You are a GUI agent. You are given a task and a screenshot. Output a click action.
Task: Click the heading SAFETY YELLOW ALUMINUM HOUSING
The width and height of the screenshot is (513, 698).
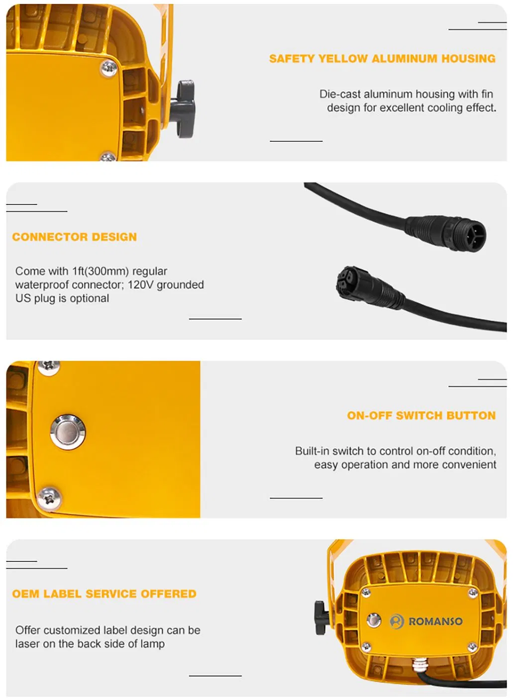click(x=382, y=59)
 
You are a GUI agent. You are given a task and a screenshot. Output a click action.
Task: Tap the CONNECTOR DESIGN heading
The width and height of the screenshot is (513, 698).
click(x=75, y=237)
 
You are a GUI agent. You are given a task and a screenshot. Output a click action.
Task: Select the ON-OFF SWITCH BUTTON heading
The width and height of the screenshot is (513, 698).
click(x=421, y=416)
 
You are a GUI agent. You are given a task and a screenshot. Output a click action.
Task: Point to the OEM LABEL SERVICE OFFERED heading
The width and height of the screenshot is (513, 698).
click(x=104, y=594)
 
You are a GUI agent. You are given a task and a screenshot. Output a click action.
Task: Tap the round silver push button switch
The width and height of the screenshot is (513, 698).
click(x=68, y=432)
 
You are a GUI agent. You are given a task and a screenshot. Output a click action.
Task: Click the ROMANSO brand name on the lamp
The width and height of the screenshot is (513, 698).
click(x=435, y=621)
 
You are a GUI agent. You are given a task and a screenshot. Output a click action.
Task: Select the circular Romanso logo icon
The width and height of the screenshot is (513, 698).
click(x=397, y=621)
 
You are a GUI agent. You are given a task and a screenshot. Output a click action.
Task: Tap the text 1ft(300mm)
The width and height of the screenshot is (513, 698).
click(x=101, y=271)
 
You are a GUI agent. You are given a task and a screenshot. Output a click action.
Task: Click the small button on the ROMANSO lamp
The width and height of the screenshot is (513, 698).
click(x=373, y=619)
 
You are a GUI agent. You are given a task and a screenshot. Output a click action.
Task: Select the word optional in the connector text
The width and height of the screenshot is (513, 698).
click(x=89, y=298)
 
